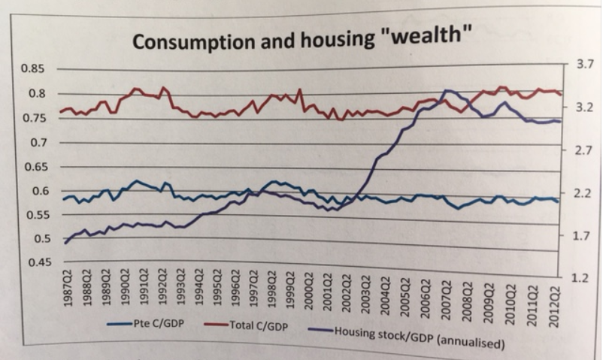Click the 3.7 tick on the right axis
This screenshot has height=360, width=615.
tap(584, 65)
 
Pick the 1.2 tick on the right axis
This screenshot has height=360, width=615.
tap(579, 278)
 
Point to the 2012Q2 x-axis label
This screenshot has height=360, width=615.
tap(554, 292)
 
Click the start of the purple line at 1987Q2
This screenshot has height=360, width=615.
tap(65, 243)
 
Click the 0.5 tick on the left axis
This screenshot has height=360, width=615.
tap(38, 239)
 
